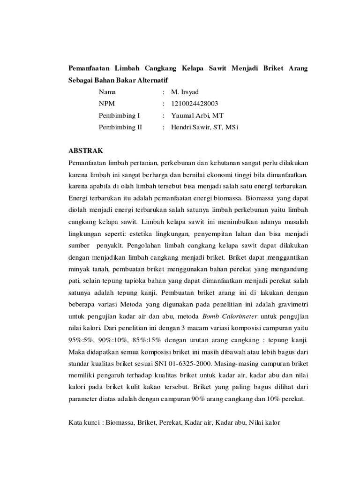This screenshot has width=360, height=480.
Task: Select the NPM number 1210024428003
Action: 195,104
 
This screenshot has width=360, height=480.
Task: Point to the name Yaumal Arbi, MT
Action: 197,115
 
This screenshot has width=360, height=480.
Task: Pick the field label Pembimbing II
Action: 120,127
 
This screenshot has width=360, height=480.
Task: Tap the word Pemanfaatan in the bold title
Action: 89,68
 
